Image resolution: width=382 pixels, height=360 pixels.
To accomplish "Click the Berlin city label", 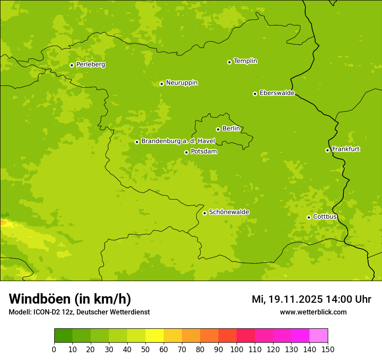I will coord(231,129).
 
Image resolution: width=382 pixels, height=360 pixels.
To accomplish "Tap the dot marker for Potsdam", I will coord(186,152).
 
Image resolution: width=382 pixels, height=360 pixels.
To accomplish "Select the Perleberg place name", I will coord(90,65).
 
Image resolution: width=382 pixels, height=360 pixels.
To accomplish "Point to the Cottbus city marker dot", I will coord(309,217).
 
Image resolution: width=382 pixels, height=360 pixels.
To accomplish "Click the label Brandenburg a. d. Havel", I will coord(178,141).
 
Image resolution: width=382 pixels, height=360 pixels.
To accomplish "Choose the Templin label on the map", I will coord(245,61).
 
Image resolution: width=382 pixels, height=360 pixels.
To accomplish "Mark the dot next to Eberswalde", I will coord(255,94).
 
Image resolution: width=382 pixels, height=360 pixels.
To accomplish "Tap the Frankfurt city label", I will coord(346,149).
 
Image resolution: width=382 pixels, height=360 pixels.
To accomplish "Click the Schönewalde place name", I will coord(229,213).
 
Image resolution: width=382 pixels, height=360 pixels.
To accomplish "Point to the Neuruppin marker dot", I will coord(161,84).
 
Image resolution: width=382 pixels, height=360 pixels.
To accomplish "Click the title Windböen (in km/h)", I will coord(70,299).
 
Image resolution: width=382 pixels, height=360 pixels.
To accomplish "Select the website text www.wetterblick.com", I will coord(313,312).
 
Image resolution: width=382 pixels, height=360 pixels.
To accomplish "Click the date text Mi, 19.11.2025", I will coord(286,299).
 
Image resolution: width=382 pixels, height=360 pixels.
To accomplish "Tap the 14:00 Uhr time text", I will coord(348,299).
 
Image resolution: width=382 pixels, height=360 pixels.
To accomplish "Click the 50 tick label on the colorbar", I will coord(145,349).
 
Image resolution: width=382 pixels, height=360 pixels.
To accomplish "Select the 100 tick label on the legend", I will coord(237,349).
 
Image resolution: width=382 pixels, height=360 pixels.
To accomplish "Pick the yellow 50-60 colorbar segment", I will coord(155,336).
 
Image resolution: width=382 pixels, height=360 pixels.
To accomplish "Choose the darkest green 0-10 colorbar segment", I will coord(63,336).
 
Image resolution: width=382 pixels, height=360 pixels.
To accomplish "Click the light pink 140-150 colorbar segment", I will coord(319,336).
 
